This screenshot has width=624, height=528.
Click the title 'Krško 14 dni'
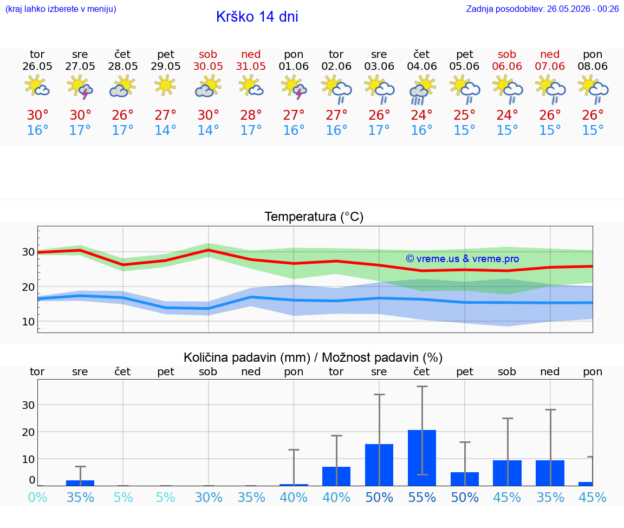[x=257, y=17]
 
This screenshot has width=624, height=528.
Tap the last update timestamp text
[x=542, y=9]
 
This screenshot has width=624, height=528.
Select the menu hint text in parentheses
[x=61, y=9]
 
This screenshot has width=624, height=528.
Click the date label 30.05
[x=208, y=67]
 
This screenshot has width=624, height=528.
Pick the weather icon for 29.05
[x=166, y=85]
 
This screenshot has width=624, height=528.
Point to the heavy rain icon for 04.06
[x=422, y=90]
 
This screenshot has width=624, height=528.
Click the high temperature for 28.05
[x=122, y=115]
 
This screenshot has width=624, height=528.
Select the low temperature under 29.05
[x=166, y=130]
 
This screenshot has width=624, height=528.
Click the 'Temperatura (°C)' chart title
[x=314, y=217]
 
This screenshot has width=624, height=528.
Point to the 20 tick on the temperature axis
[x=28, y=287]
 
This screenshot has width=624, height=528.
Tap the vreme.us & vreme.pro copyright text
[x=463, y=259]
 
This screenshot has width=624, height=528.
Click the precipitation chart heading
[x=313, y=358]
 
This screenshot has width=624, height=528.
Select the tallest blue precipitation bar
[x=422, y=458]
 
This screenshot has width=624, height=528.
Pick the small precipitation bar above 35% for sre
[x=80, y=483]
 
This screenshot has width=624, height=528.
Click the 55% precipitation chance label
[x=422, y=498]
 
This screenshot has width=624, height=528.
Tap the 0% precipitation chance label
[x=38, y=498]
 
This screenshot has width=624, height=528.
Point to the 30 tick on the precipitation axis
[x=28, y=405]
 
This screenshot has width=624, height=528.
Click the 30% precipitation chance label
[x=209, y=498]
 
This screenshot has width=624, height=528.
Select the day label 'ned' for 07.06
[x=550, y=54]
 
